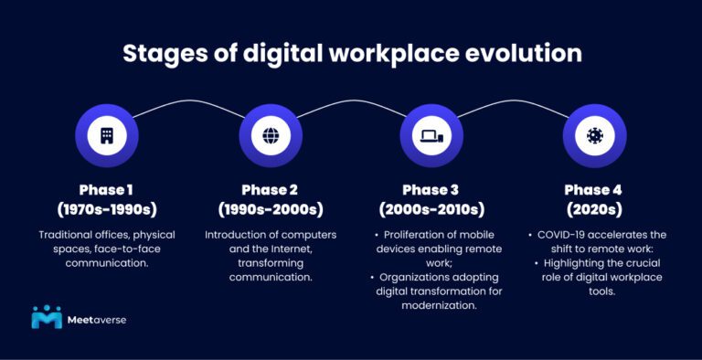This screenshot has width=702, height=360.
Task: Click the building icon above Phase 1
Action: (107, 135)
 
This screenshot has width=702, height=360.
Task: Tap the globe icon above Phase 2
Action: (271, 135)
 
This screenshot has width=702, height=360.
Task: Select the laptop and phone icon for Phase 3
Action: (431, 136)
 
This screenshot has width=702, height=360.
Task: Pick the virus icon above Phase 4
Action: (594, 135)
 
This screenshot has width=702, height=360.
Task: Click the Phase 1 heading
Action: (107, 190)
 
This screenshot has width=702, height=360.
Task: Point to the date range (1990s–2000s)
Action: (271, 209)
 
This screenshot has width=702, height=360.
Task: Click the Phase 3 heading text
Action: (432, 190)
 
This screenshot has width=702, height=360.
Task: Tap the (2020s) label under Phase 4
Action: (594, 209)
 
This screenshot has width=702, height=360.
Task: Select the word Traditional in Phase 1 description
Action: (69, 235)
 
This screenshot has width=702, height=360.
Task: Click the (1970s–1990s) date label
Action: (107, 209)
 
